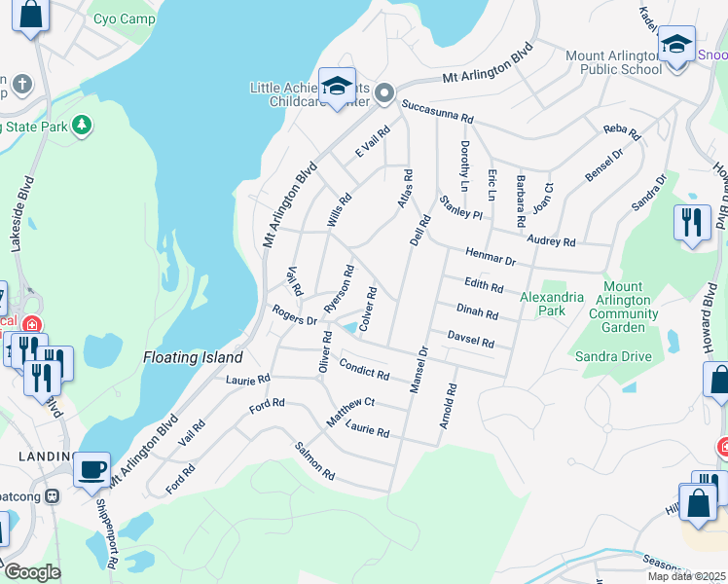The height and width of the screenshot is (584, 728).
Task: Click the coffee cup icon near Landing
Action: tap(91, 469)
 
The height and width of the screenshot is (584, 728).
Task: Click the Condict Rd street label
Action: tap(364, 368)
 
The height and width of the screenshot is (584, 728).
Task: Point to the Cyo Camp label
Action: tap(124, 18)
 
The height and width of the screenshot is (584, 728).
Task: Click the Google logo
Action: tap(31, 572)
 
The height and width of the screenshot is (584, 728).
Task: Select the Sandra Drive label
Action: tap(613, 356)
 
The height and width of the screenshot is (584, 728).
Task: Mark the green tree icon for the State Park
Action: tap(84, 125)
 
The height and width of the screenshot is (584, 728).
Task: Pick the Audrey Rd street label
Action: tap(551, 241)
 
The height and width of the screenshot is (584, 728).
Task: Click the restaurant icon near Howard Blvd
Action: tap(692, 222)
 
